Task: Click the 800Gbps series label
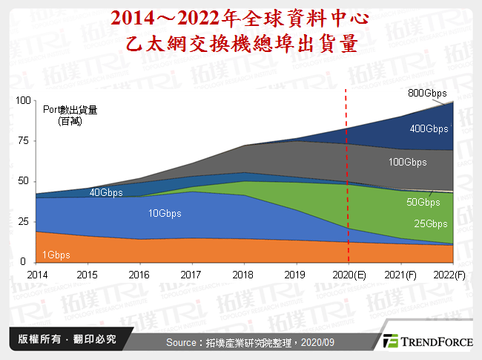pyautogui.click(x=427, y=94)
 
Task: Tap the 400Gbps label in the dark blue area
pyautogui.click(x=429, y=128)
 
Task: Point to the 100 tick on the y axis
pyautogui.click(x=23, y=100)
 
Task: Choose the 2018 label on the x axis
pyautogui.click(x=242, y=274)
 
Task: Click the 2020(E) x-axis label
pyautogui.click(x=349, y=274)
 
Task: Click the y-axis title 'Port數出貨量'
pyautogui.click(x=70, y=110)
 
